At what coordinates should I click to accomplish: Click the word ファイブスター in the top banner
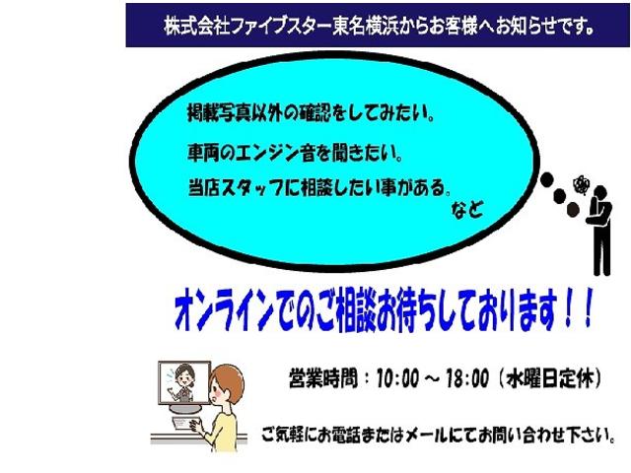[x=281, y=26]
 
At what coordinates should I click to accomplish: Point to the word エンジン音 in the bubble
[x=275, y=153]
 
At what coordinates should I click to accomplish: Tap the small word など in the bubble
[x=466, y=209]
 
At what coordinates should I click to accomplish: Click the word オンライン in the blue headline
[x=224, y=311]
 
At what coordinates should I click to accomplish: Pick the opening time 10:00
[x=397, y=378]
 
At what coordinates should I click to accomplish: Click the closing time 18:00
[x=467, y=378]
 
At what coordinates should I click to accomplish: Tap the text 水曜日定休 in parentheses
[x=550, y=378]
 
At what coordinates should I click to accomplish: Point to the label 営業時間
[x=322, y=378]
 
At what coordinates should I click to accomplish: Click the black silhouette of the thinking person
[x=600, y=231]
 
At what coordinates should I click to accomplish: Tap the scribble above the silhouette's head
[x=581, y=185]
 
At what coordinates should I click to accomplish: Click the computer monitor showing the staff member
[x=184, y=383]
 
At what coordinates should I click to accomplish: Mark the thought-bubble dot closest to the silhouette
[x=573, y=210]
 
